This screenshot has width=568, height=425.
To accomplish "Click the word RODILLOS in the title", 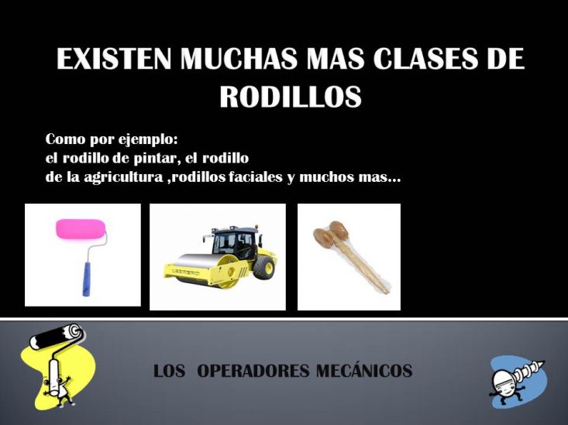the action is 291,96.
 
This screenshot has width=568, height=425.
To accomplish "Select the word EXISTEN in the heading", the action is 114,58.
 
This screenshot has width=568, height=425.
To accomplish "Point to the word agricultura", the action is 123,177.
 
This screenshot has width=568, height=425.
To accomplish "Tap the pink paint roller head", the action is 81,229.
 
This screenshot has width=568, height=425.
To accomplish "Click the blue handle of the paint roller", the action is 87,279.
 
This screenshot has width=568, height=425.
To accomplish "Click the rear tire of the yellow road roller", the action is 264,267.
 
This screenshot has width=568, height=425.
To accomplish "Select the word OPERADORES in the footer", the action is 254,371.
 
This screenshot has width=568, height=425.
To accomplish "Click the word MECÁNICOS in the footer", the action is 364,370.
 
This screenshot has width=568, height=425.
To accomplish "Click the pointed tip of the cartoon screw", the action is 543,362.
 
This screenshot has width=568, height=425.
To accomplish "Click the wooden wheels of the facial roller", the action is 330,233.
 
